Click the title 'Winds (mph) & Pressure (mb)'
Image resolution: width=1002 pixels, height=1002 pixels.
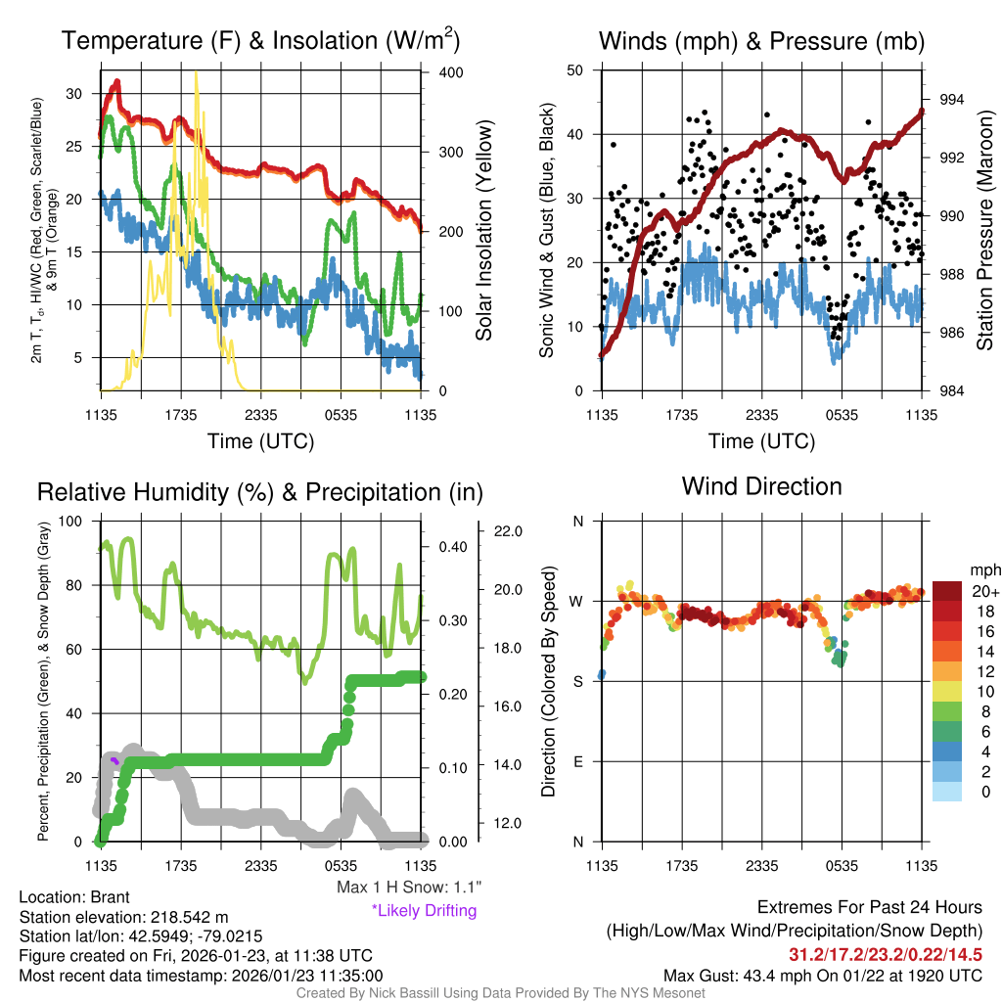[761, 41]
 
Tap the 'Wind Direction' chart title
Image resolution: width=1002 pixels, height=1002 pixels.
[761, 486]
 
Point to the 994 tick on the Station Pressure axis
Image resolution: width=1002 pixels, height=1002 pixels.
[952, 100]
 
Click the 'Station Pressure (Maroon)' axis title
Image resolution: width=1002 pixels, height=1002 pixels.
[985, 230]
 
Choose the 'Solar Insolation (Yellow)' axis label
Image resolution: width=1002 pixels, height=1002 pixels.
[483, 230]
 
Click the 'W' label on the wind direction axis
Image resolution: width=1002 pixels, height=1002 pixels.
[577, 601]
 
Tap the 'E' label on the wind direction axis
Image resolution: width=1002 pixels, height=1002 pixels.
[577, 761]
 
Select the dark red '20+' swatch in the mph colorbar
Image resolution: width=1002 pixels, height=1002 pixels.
[949, 591]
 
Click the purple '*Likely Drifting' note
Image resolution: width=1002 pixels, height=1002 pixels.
[424, 911]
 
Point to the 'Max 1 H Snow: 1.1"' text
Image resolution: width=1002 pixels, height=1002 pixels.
[409, 888]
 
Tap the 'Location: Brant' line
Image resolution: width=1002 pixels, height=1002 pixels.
[74, 897]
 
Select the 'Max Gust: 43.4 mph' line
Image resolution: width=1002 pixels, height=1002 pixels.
[823, 975]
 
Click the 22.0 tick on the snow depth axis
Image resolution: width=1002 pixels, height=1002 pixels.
[509, 531]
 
